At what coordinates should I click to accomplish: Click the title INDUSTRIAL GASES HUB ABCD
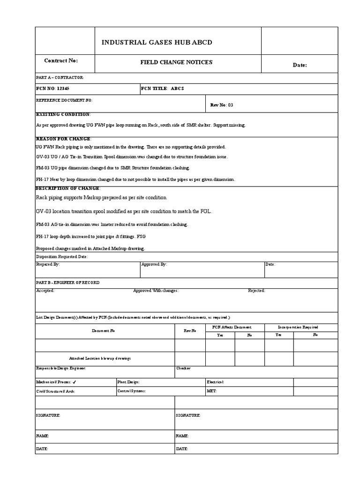(157, 43)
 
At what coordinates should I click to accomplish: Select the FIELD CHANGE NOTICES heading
(176, 62)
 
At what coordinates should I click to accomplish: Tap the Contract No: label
(61, 61)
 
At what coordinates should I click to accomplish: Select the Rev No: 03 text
(222, 105)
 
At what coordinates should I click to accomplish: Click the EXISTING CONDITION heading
(63, 114)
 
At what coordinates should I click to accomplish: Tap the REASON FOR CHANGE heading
(64, 139)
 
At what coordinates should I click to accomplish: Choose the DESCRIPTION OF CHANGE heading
(67, 188)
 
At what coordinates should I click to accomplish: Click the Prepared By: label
(48, 264)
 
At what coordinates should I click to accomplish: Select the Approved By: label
(154, 264)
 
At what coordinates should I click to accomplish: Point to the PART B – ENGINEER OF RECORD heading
(67, 283)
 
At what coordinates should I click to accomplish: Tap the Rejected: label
(256, 291)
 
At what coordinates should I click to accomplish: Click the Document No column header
(103, 331)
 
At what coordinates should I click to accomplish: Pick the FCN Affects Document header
(232, 327)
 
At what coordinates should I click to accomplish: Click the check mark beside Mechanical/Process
(75, 382)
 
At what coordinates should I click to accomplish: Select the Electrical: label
(215, 382)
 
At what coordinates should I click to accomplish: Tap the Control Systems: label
(131, 390)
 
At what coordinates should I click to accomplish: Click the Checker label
(183, 368)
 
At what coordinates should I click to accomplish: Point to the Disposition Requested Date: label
(62, 257)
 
